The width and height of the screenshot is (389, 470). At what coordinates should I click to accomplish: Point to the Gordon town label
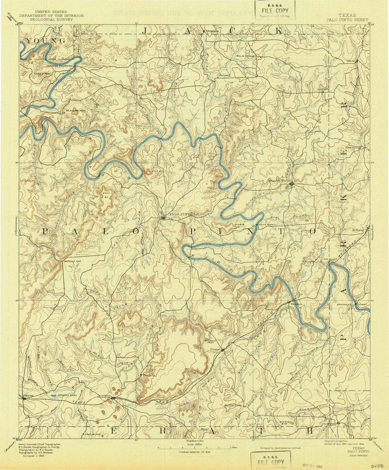(103, 397)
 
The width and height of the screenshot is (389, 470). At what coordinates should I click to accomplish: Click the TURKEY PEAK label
(211, 341)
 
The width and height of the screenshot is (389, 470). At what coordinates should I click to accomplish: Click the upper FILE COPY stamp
(275, 11)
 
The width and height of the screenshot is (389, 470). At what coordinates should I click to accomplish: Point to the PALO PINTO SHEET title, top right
(347, 20)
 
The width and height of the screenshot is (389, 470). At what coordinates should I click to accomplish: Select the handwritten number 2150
(377, 466)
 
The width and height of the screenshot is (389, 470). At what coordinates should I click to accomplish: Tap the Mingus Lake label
(68, 395)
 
